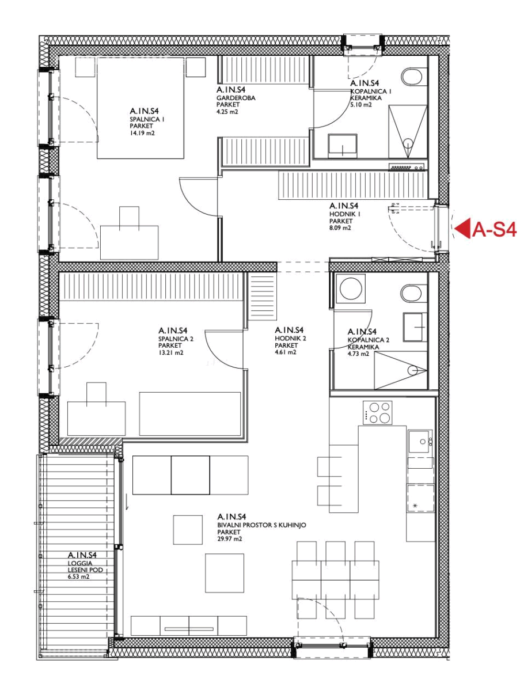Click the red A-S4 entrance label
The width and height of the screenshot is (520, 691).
click(494, 230)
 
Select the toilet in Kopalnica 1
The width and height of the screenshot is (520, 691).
click(412, 76)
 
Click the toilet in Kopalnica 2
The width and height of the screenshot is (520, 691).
click(412, 294)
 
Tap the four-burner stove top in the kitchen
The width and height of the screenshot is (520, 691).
click(377, 413)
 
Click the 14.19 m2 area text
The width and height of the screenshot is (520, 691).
click(142, 133)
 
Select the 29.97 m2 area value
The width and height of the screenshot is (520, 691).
click(229, 539)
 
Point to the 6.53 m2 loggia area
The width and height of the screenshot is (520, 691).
click(79, 577)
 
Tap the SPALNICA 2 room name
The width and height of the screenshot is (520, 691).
click(176, 339)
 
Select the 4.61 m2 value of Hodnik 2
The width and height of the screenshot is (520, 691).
click(286, 352)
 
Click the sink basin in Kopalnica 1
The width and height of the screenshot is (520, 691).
click(343, 146)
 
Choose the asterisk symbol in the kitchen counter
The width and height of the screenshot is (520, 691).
click(415, 506)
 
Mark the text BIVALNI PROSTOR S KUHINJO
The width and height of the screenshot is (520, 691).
click(261, 525)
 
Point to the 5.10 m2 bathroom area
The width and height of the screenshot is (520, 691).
click(361, 105)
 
